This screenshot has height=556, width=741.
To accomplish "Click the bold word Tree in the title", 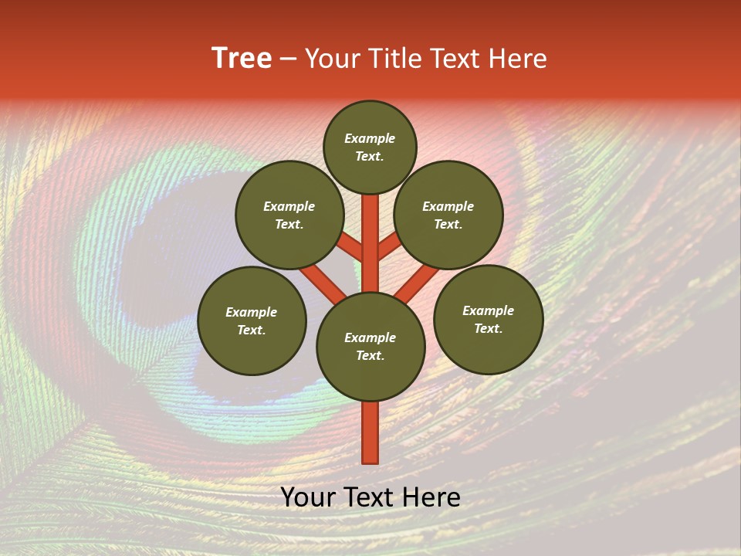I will coord(242,59).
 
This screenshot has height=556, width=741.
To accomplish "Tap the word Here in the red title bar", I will coord(519,59).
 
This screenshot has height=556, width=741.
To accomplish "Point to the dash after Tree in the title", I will coord(288,59).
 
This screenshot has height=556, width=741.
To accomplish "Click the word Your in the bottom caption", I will coord(310,497).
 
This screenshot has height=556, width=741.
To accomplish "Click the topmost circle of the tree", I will coord(370,147).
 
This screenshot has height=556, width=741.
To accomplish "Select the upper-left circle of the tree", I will coord(289,215).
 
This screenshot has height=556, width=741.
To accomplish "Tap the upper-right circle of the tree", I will coord(448,215).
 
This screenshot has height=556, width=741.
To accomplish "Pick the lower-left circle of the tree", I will coord(252,320).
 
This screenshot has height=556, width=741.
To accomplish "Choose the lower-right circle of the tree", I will coord(488,319).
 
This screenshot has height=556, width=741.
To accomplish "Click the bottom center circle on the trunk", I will coord(370,346).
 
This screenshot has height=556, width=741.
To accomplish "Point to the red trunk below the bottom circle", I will coord(370,432).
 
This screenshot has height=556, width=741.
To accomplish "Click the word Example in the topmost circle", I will coord(370,138).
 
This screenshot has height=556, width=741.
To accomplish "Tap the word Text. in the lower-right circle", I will coord(488,328).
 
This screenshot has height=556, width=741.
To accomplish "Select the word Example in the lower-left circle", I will coord(251,312).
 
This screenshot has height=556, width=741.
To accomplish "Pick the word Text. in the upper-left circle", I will coord(289,224).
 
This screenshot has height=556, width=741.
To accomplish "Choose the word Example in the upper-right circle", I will coord(448,206).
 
